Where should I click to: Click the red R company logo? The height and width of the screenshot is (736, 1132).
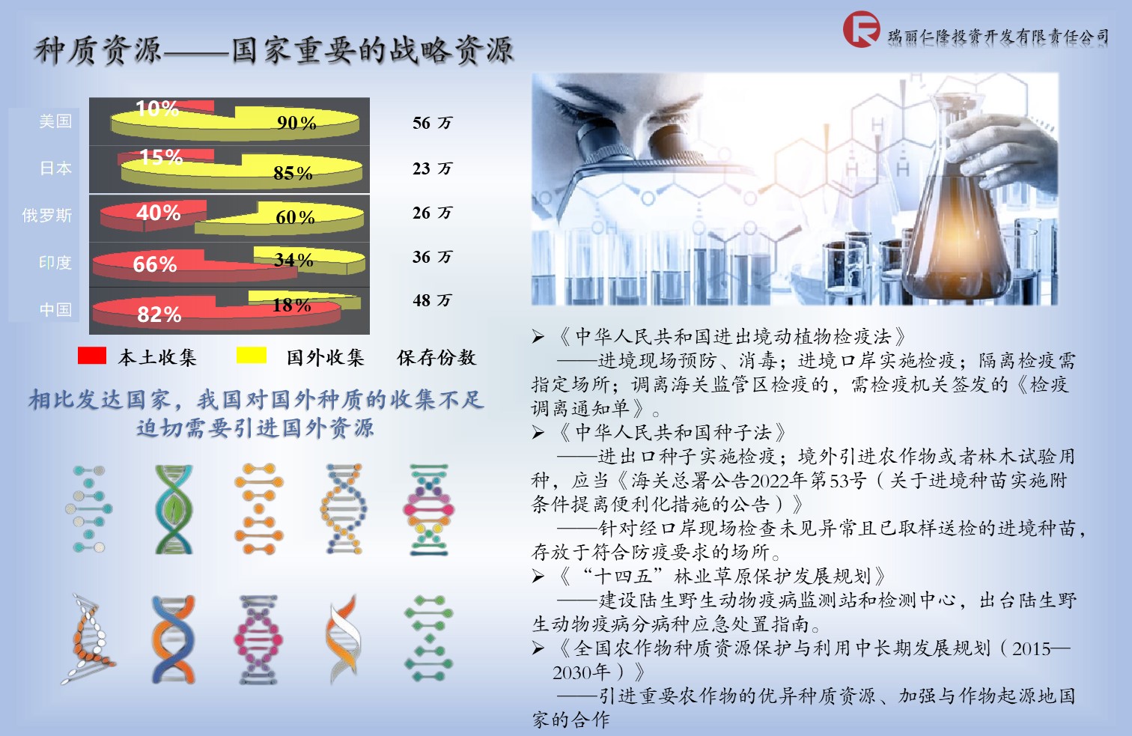861,29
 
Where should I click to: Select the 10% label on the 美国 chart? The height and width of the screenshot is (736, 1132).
157,108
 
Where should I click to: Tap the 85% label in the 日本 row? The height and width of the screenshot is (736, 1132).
293,174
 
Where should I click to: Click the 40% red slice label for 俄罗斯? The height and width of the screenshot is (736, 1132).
158,213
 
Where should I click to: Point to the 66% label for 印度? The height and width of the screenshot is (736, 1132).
155,264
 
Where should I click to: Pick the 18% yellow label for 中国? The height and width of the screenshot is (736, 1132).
291,305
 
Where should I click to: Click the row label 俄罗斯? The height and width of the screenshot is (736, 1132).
46,216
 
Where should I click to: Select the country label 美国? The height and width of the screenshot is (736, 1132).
55,121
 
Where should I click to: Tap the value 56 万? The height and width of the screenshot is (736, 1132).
432,123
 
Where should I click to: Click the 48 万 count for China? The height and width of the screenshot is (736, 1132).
432,300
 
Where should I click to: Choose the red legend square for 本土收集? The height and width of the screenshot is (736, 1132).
92,356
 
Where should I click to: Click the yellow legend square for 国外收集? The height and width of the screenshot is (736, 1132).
252,356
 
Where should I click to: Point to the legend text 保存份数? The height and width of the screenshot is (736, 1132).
436,357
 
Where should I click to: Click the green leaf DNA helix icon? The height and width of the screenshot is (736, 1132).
174,510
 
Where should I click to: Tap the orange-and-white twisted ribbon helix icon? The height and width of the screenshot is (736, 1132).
343,639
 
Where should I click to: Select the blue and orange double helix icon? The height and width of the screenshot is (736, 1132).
174,639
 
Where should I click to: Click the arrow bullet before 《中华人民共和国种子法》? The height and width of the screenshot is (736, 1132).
538,433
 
